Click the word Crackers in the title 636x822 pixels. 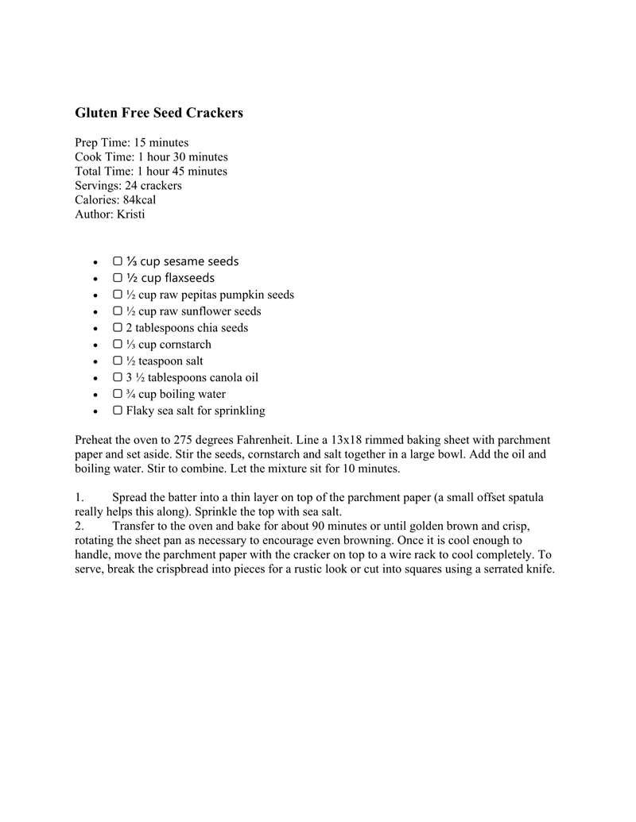point(214,113)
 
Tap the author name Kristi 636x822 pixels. point(131,214)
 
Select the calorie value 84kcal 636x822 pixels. point(139,200)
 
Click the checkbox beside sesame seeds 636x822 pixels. point(118,261)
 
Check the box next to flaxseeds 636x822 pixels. point(118,278)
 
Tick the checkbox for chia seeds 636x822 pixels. point(118,328)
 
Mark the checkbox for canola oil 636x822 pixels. point(118,378)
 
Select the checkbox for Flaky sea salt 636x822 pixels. point(118,411)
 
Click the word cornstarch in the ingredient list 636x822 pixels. point(185,345)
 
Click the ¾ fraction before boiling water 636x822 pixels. point(131,395)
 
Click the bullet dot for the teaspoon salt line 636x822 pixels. point(95,362)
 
